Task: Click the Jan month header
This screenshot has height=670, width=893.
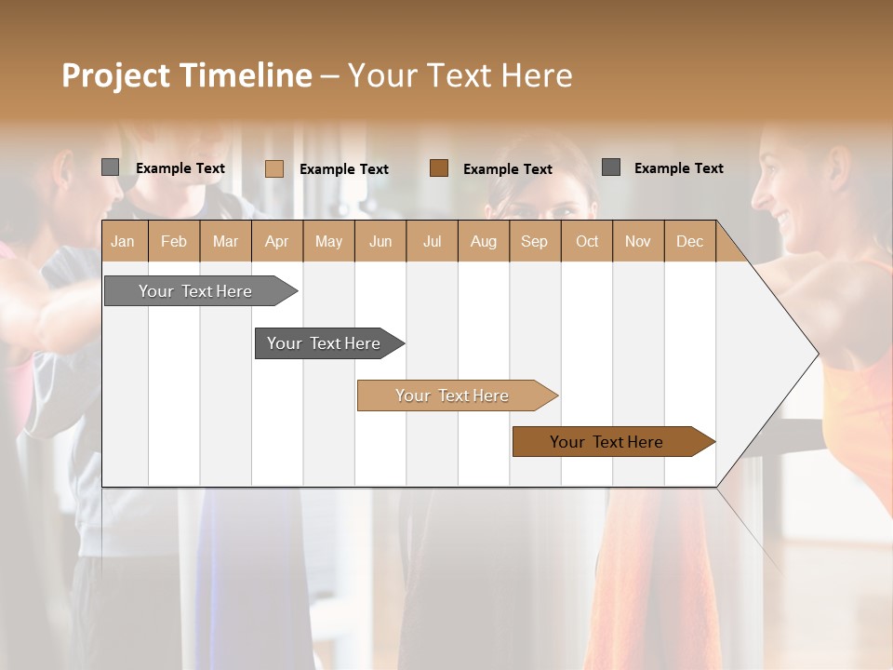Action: tap(123, 241)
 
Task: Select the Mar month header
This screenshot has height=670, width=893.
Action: tap(225, 241)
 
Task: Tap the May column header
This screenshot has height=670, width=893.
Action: tap(328, 241)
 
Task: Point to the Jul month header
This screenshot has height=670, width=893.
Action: tap(432, 241)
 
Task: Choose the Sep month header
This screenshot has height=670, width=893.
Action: tap(534, 241)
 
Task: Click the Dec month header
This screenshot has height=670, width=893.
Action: tap(689, 241)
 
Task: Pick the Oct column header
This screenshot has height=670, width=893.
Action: tap(587, 241)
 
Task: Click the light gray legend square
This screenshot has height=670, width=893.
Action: tap(111, 167)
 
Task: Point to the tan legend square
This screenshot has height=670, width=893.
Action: tap(274, 168)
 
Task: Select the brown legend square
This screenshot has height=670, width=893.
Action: tap(439, 168)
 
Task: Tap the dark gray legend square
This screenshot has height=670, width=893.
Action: tap(611, 167)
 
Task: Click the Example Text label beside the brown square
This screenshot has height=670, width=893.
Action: tap(508, 169)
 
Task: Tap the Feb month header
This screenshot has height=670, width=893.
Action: tap(174, 241)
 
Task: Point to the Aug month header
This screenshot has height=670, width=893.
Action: tap(483, 241)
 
